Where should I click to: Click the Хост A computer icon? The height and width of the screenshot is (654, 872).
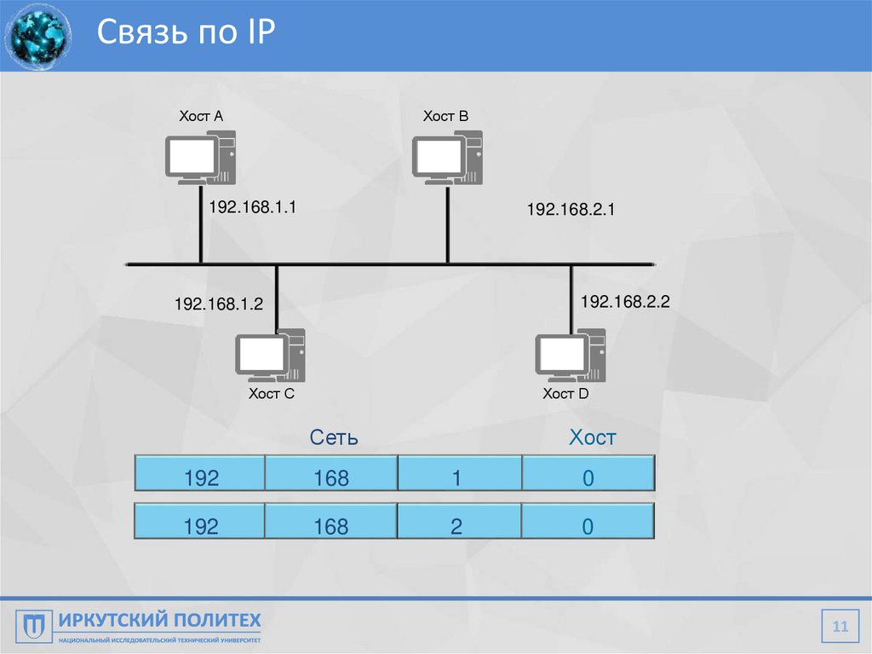pyautogui.click(x=199, y=157)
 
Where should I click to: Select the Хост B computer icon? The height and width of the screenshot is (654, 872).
pyautogui.click(x=447, y=157)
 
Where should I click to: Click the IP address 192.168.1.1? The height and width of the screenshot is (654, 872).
pyautogui.click(x=252, y=206)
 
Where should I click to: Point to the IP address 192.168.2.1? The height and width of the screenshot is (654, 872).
pyautogui.click(x=571, y=209)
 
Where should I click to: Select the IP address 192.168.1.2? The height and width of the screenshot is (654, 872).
pyautogui.click(x=219, y=304)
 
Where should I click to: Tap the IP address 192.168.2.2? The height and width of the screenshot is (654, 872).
pyautogui.click(x=626, y=301)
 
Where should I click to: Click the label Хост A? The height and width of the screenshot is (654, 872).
pyautogui.click(x=201, y=116)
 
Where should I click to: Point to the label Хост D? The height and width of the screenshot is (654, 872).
pyautogui.click(x=566, y=393)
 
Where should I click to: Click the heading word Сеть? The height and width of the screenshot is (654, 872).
pyautogui.click(x=334, y=438)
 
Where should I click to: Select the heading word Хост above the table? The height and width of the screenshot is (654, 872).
pyautogui.click(x=593, y=438)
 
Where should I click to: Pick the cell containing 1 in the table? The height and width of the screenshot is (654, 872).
pyautogui.click(x=458, y=478)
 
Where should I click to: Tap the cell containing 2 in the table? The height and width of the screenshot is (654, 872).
pyautogui.click(x=458, y=526)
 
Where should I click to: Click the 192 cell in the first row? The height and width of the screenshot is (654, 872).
pyautogui.click(x=201, y=478)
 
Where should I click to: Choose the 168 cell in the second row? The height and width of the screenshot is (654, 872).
pyautogui.click(x=330, y=526)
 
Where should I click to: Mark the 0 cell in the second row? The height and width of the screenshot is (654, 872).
pyautogui.click(x=588, y=526)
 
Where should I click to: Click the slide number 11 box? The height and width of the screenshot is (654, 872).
pyautogui.click(x=840, y=628)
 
